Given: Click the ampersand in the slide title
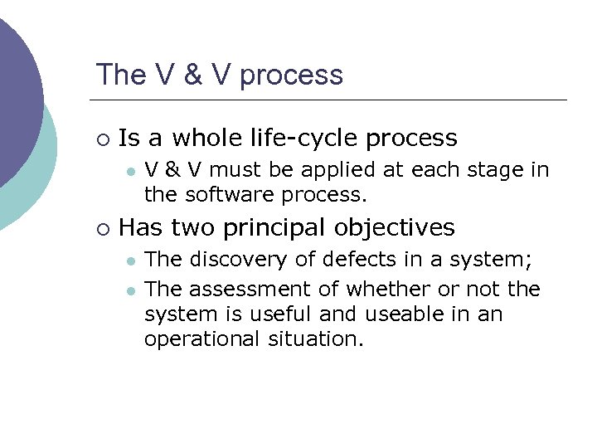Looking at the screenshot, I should click(193, 75).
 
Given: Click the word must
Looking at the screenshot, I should click(235, 171).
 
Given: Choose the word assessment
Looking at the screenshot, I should click(240, 290).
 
